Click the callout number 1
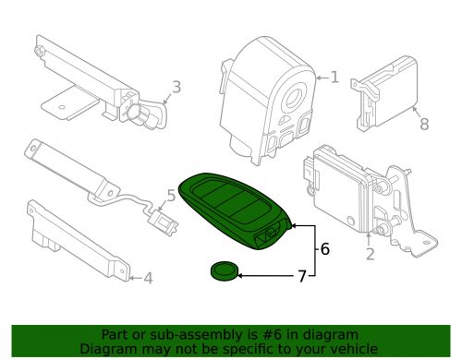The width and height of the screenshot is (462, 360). [334, 78]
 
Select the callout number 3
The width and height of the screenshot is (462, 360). [176, 89]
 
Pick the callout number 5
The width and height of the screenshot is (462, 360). [170, 195]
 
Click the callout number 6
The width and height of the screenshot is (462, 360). [324, 249]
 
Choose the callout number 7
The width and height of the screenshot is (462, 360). [298, 275]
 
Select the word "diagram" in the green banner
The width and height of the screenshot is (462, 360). [310, 334]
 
